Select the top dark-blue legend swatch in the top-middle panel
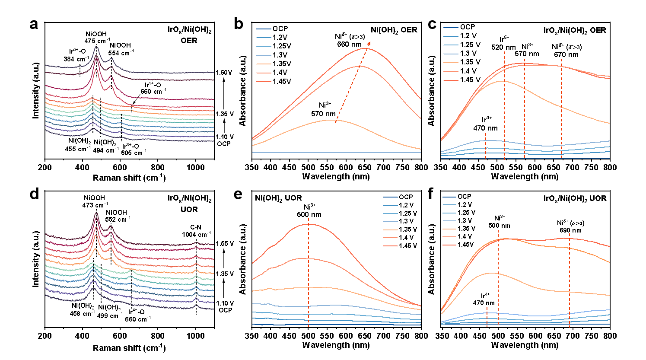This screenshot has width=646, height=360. (264, 29)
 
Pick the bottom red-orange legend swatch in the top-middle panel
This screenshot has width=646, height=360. (264, 81)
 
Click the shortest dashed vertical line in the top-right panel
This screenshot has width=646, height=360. (486, 146)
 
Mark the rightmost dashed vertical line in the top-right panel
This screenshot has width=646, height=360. (561, 108)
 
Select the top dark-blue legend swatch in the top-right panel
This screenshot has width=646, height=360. (451, 28)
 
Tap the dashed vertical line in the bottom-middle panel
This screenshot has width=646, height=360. (309, 272)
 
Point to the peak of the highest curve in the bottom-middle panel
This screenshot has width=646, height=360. (309, 224)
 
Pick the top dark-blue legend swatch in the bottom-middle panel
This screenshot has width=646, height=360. (390, 197)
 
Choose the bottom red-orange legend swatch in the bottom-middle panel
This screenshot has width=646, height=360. (390, 246)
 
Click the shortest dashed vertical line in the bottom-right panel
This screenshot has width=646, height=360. (487, 317)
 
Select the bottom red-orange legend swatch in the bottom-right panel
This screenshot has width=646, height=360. (449, 245)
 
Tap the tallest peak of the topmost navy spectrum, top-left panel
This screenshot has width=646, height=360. (96, 47)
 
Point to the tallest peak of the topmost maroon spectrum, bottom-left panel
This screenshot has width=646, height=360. (96, 213)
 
